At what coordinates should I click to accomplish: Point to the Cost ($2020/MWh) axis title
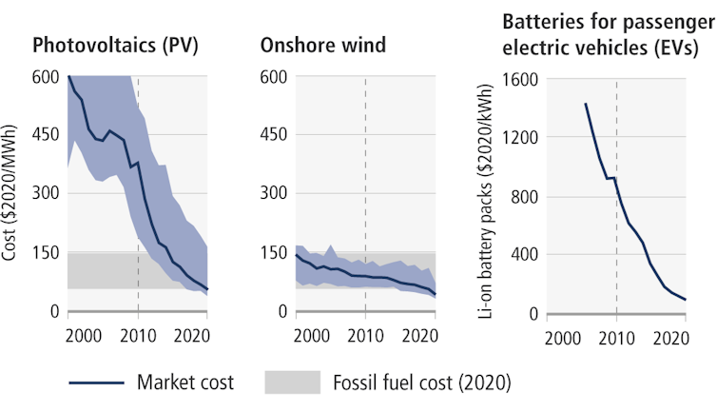point(12,194)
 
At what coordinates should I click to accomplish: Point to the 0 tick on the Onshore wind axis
point(282,312)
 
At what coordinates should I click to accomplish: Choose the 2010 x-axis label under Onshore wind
point(366,335)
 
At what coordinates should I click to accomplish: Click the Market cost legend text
point(186,383)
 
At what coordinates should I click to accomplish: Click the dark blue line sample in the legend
point(96,383)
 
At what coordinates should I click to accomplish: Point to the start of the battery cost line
point(585,104)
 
